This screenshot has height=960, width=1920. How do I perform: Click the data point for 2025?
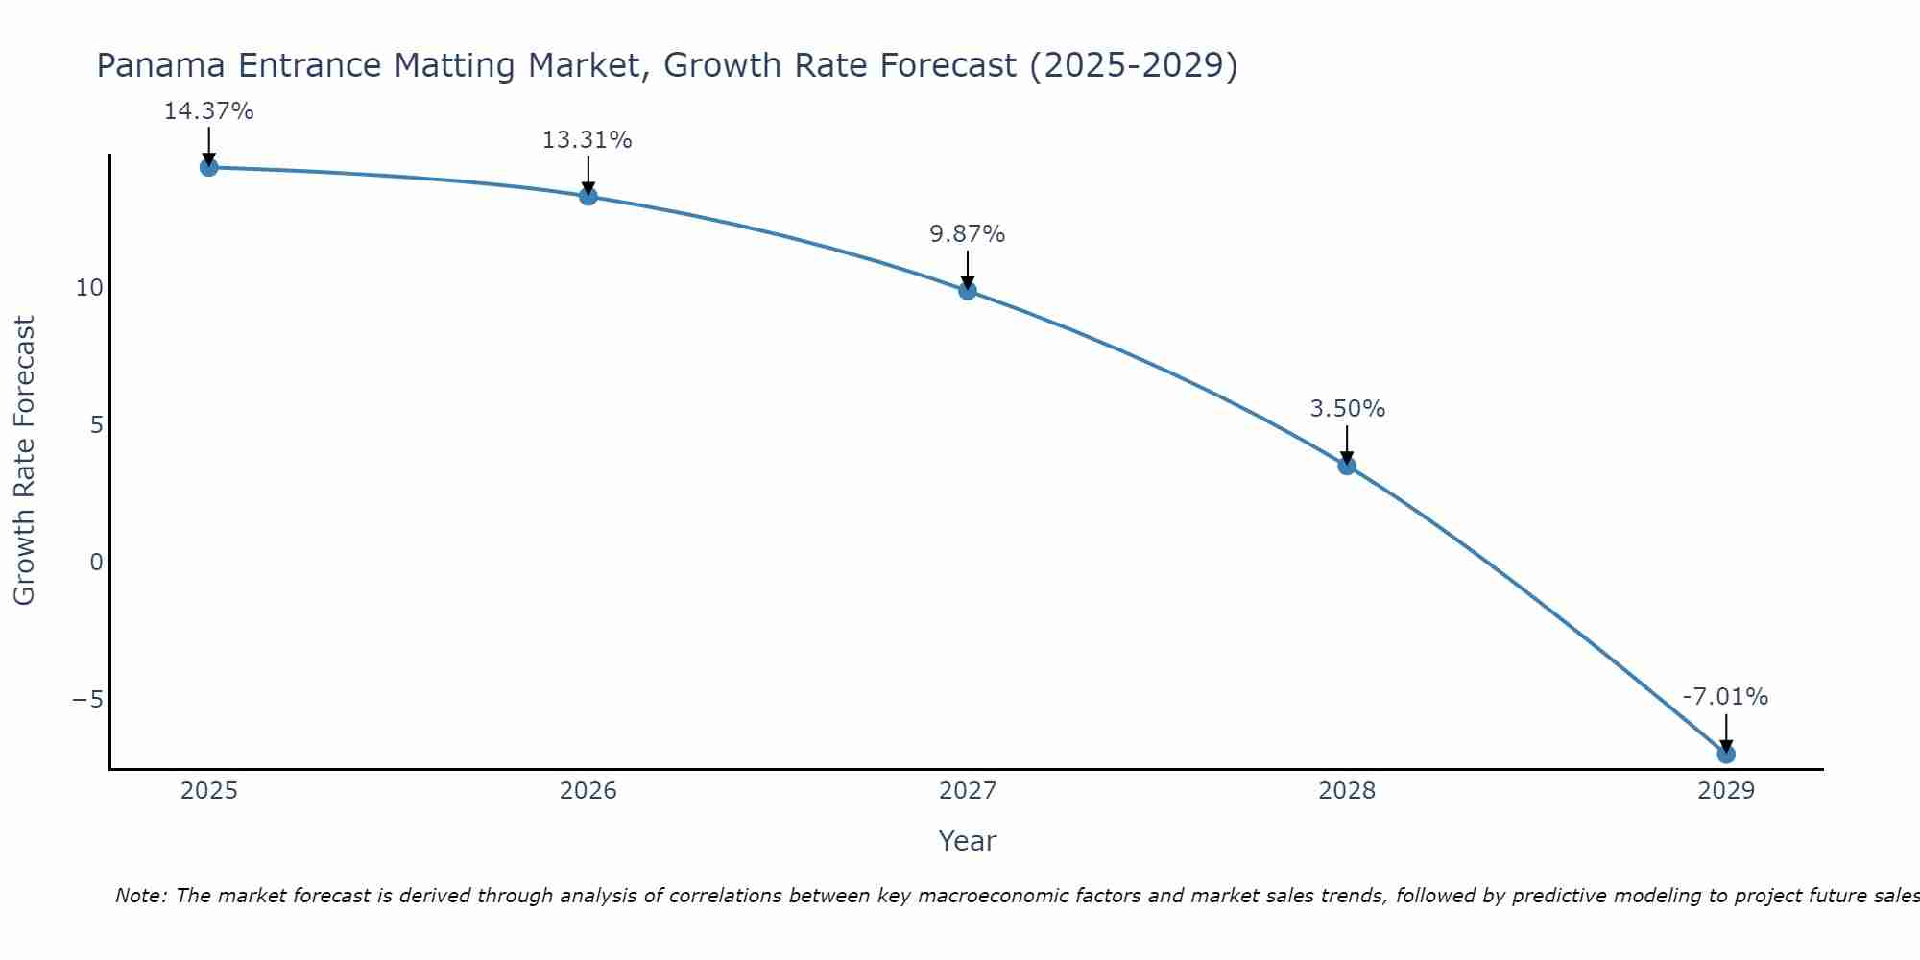pos(209,167)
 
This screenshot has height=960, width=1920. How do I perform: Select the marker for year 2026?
pos(588,196)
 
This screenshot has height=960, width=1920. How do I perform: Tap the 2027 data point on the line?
pos(968,290)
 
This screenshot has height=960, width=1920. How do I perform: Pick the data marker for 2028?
pos(1347,466)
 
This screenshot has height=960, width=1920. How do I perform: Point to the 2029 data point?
pos(1726,754)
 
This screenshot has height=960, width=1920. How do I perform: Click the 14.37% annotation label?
pos(209,111)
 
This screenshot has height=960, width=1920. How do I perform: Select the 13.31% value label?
pos(588,140)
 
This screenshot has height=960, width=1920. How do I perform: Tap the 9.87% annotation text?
pos(967,234)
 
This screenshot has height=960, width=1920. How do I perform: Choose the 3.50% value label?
pos(1347,409)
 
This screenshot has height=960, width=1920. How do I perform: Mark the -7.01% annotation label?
pos(1725,697)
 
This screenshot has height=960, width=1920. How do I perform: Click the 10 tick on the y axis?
pos(89,288)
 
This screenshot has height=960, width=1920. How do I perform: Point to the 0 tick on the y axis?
pos(96,563)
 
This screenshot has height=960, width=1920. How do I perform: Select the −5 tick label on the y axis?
pos(88,700)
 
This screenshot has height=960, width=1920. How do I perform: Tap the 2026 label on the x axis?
pos(588,791)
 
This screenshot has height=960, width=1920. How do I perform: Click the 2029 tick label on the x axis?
pos(1726,791)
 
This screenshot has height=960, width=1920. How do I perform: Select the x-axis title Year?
pos(968,841)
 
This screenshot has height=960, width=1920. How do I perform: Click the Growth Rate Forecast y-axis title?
pos(24,460)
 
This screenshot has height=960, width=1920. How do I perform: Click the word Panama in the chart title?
pos(162,65)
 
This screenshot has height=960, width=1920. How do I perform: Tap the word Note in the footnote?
pos(141,896)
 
